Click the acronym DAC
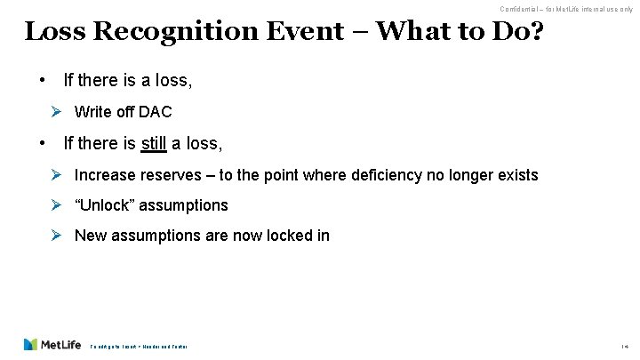(x=156, y=112)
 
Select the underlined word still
(x=161, y=143)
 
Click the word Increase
(x=105, y=174)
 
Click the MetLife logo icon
(x=32, y=344)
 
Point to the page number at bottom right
(x=626, y=346)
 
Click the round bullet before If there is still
(x=42, y=142)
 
